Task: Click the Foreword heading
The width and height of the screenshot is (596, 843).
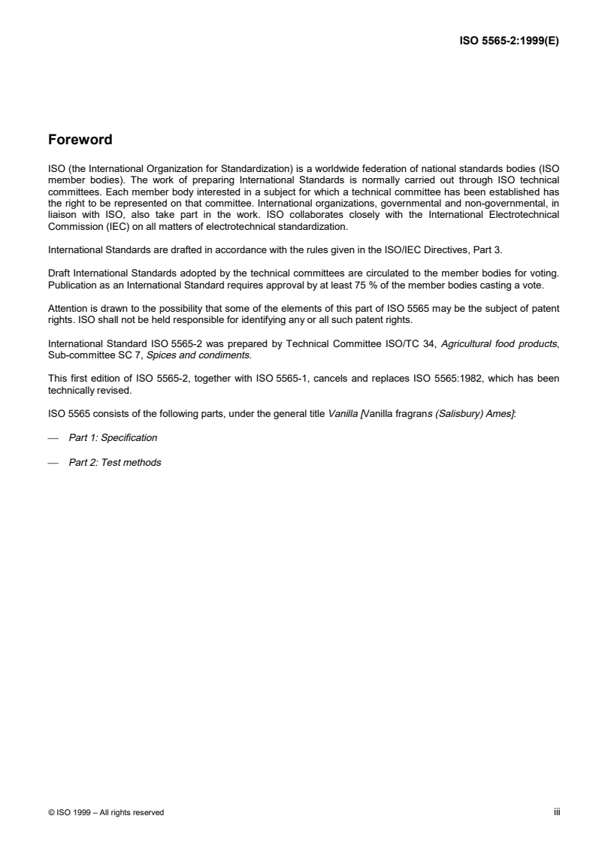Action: tap(80, 140)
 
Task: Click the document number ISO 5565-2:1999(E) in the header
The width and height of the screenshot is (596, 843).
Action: tap(510, 41)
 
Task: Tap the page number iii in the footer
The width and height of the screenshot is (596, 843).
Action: tap(557, 812)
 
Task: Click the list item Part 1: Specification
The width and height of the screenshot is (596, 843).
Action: tap(113, 437)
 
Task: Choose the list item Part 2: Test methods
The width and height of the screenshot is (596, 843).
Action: tap(114, 463)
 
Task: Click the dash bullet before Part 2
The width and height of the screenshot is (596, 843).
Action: tap(53, 463)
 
